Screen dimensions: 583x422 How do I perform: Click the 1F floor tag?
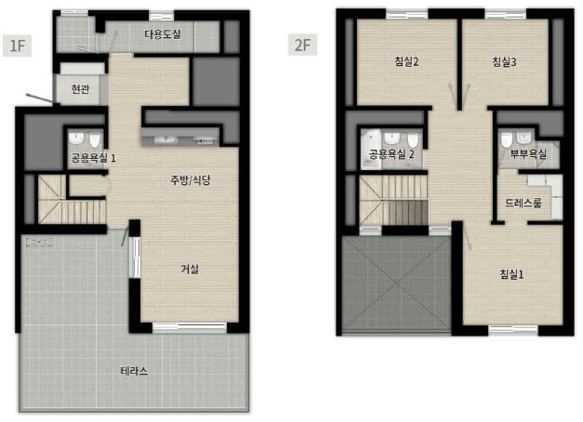(17, 46)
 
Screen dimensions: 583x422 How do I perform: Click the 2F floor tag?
(302, 45)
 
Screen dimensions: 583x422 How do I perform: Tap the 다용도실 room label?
(163, 34)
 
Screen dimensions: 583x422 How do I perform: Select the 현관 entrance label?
(80, 89)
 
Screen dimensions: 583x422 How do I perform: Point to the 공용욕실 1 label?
(93, 158)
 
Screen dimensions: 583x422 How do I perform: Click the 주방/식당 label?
(191, 180)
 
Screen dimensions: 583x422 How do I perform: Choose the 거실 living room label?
(190, 269)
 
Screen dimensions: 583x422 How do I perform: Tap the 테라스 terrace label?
(134, 371)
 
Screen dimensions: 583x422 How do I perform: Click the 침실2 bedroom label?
(406, 61)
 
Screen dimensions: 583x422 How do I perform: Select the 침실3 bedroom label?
(504, 61)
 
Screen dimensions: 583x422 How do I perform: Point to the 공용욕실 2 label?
(391, 154)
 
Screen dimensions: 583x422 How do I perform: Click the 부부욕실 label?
(528, 154)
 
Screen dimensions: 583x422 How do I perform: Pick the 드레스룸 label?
(523, 203)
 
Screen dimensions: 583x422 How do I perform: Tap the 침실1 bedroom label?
(511, 274)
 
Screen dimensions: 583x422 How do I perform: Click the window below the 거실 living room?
(190, 327)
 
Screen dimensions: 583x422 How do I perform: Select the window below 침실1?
(513, 330)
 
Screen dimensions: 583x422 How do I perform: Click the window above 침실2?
(407, 14)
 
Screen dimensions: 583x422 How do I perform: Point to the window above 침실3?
(506, 14)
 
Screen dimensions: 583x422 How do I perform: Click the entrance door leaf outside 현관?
(39, 99)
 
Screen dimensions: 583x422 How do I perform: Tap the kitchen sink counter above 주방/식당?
(180, 137)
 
